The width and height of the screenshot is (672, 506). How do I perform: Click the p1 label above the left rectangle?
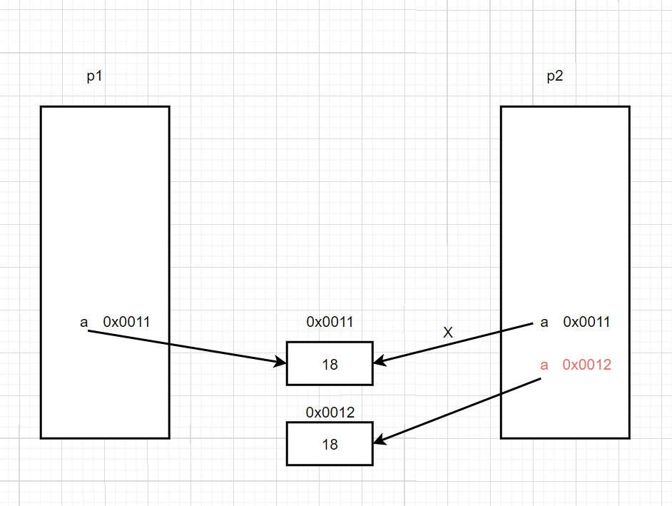[x=94, y=77]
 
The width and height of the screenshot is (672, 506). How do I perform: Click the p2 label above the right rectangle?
[x=554, y=77]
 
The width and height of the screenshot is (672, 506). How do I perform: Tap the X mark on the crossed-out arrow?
[x=448, y=333]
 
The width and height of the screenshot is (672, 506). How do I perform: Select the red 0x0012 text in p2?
[x=586, y=365]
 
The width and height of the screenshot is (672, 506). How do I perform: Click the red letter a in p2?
[x=544, y=365]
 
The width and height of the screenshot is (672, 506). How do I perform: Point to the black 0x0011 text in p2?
[x=586, y=322]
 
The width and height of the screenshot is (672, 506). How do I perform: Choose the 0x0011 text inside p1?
[x=126, y=322]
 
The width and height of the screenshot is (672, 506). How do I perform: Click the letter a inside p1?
[x=84, y=323]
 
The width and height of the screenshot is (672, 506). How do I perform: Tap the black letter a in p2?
[x=544, y=323]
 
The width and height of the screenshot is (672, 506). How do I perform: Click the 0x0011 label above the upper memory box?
[x=330, y=322]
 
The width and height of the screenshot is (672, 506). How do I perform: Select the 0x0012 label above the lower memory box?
[x=330, y=413]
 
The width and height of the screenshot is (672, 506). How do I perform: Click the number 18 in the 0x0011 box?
[x=330, y=364]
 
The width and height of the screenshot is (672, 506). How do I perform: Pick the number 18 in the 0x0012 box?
[x=330, y=444]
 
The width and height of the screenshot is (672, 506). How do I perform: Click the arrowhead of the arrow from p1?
[x=280, y=363]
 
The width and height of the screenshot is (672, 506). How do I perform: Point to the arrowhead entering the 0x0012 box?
[x=380, y=441]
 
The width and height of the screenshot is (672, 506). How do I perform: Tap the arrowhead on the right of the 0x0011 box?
[x=380, y=361]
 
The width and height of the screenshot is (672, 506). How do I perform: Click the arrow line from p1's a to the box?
[x=185, y=348]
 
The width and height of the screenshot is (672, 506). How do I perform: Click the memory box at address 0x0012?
[x=307, y=444]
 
